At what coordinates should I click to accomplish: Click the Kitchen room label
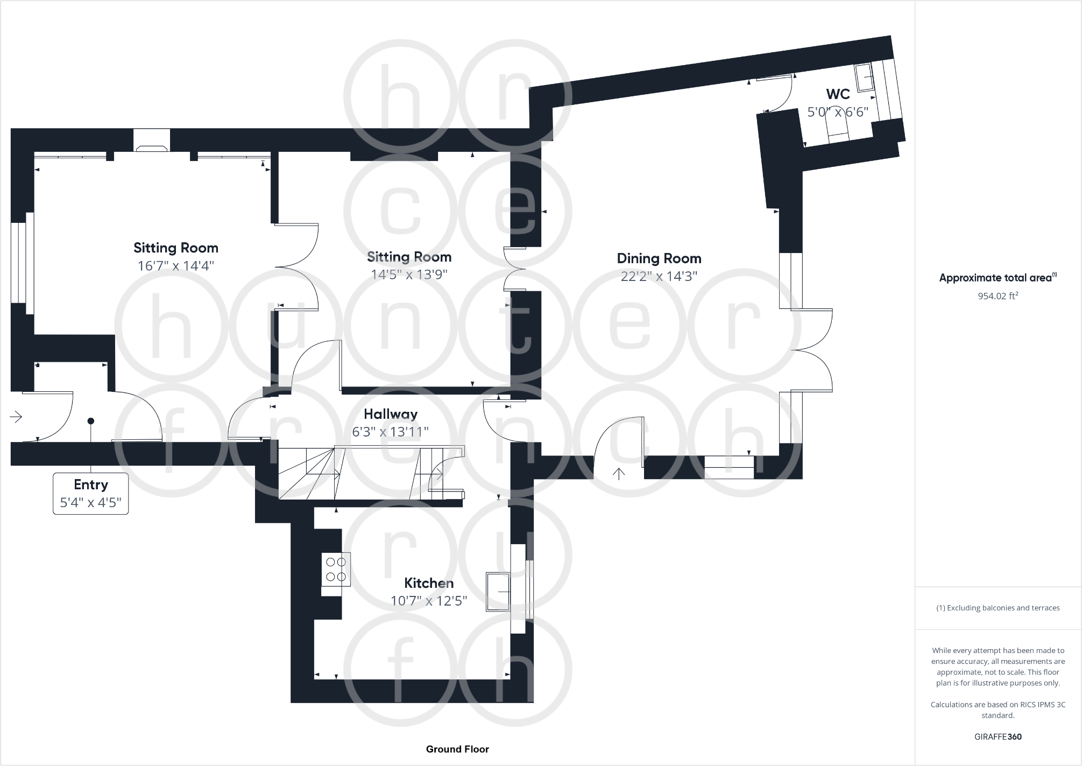(428, 583)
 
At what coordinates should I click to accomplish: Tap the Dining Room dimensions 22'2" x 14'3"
(659, 276)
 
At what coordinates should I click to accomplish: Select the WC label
(838, 94)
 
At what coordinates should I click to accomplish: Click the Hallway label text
(390, 414)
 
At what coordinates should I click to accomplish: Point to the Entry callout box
(90, 493)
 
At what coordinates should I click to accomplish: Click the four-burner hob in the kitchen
(336, 570)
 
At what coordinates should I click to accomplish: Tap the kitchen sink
(498, 592)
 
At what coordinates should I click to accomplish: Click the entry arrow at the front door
(16, 417)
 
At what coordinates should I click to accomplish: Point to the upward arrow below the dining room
(619, 474)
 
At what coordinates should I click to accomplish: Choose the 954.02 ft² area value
(998, 296)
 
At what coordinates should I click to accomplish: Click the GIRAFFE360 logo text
(998, 736)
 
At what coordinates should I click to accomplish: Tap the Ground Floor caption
(457, 749)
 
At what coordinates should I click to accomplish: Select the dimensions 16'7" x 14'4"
(175, 266)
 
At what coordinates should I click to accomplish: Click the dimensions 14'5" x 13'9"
(409, 275)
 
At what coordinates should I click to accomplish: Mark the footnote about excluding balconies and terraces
(998, 608)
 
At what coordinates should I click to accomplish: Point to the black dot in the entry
(91, 421)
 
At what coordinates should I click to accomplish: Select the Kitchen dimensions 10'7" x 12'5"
(428, 601)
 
